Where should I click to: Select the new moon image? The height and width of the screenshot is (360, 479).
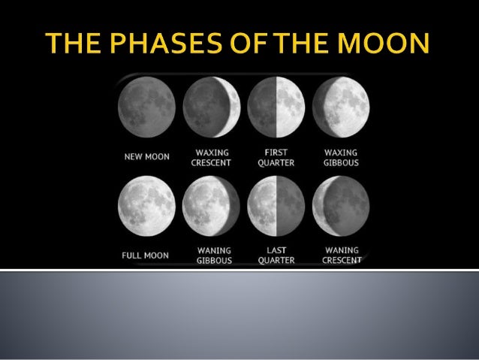[146, 107]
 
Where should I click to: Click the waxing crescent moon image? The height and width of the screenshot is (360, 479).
[212, 107]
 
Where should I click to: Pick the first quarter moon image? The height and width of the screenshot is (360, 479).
[276, 107]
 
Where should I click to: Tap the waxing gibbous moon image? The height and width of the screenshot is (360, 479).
[341, 107]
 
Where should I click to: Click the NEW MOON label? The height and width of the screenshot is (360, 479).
[146, 157]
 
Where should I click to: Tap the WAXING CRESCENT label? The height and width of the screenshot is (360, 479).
[212, 157]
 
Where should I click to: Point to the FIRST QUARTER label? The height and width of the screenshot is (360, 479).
[276, 157]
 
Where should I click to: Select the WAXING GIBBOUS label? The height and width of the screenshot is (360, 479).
[342, 157]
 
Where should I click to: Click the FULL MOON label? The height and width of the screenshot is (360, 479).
[146, 256]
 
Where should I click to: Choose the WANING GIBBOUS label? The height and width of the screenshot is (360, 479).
[213, 256]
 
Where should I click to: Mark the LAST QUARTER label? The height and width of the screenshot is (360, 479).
[276, 256]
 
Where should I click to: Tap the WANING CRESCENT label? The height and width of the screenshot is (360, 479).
[342, 256]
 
